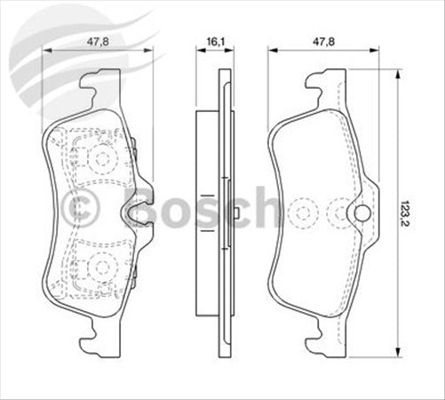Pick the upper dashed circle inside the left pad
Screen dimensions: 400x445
tap(100, 159)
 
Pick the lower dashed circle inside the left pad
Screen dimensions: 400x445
tap(100, 264)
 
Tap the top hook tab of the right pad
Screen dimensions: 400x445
tap(319, 87)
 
